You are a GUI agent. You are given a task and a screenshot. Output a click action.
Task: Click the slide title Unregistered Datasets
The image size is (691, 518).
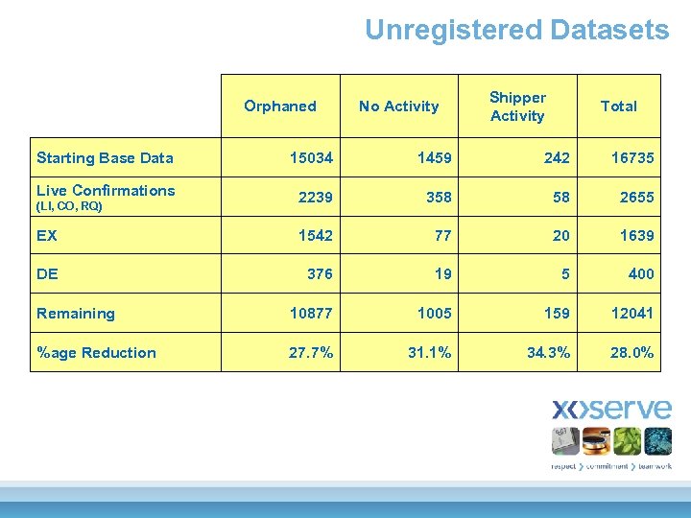[x=516, y=30]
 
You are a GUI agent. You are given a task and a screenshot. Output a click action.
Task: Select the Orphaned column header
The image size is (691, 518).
[x=279, y=106]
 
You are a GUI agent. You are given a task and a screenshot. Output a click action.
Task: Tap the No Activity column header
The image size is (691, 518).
[x=398, y=106]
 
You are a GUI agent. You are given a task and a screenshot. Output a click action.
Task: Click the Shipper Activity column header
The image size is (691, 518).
[x=517, y=106]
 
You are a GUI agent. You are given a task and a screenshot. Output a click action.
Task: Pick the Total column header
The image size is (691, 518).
[x=618, y=106]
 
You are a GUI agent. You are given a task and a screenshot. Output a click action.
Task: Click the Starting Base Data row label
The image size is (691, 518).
[x=105, y=158]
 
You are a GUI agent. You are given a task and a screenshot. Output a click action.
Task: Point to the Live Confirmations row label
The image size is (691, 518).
[x=106, y=190]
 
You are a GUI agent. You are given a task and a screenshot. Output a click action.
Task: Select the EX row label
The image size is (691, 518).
[x=46, y=235]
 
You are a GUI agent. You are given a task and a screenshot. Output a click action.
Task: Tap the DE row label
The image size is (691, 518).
[x=47, y=274]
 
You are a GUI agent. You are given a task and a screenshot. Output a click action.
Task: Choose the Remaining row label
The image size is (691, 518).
[x=75, y=314]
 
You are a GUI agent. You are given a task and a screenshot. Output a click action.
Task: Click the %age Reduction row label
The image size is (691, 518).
[x=96, y=353]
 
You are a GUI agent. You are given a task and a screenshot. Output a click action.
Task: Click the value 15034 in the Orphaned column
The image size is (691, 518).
[x=311, y=158]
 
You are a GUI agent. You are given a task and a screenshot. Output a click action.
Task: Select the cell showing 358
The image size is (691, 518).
[x=439, y=197]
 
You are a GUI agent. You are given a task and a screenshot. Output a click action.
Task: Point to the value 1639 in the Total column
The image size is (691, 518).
[x=636, y=235]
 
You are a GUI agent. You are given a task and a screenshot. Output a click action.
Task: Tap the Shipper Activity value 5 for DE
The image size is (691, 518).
[x=565, y=274]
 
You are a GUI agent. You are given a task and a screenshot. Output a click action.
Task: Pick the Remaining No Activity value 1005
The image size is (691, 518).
[x=434, y=314]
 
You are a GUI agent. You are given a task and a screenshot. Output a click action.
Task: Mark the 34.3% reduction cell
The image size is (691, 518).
[x=548, y=353]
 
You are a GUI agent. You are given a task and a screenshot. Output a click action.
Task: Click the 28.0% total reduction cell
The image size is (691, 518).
[x=631, y=353]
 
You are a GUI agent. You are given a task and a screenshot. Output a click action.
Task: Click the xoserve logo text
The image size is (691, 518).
[x=611, y=410]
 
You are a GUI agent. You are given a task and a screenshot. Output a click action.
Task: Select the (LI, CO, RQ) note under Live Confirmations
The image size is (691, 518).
[x=69, y=206]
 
